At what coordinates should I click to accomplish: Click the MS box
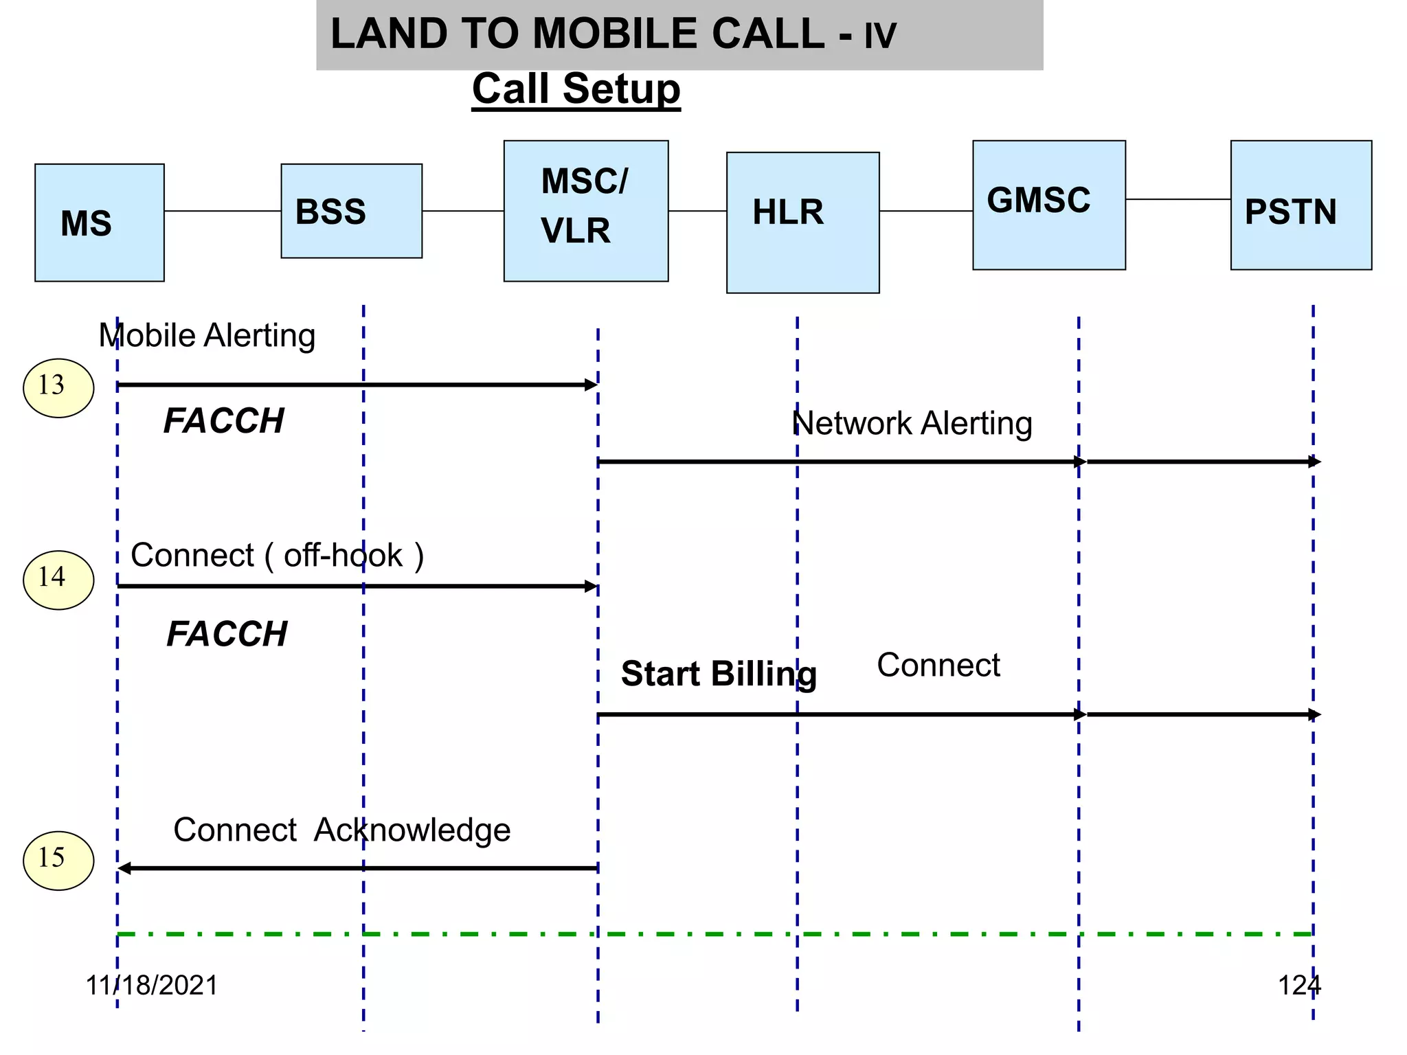pos(100,223)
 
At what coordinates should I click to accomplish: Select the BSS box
pos(351,211)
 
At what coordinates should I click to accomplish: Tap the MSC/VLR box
pos(585,211)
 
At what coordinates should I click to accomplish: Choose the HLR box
pos(802,223)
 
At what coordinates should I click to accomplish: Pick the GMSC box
pos(1048,205)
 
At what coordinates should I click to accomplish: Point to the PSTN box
pos(1301,205)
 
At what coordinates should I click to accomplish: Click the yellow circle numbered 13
pos(58,387)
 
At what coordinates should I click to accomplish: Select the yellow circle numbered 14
pos(58,580)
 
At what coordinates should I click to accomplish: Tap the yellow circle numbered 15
pos(58,861)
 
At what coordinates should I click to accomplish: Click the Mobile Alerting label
pos(207,336)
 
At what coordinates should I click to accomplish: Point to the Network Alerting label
pos(912,423)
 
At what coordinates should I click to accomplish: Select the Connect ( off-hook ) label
pos(277,555)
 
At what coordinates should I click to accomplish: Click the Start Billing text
pos(719,673)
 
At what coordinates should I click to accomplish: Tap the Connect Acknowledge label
pos(341,830)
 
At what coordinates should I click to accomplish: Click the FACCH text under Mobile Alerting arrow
pos(224,420)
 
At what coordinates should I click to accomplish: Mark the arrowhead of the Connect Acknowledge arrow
pos(124,869)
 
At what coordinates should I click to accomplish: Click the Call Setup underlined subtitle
pos(576,89)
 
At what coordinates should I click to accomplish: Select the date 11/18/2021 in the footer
pos(151,985)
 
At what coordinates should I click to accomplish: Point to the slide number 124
pos(1298,985)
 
